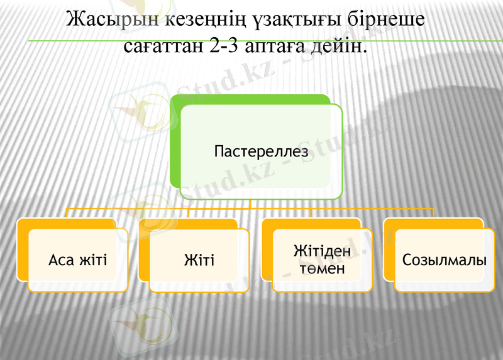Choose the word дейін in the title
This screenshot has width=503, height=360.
point(338,46)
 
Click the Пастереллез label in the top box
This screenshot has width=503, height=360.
point(261,152)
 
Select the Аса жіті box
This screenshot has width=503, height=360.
point(78,259)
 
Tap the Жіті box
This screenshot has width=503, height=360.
point(199,259)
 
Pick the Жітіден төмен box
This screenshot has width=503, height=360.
point(322,259)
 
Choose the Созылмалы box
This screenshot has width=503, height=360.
point(445,259)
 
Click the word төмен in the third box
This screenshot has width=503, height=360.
point(322,269)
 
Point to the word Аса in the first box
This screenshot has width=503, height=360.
point(61,259)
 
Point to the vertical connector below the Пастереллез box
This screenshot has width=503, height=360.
point(250,204)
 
